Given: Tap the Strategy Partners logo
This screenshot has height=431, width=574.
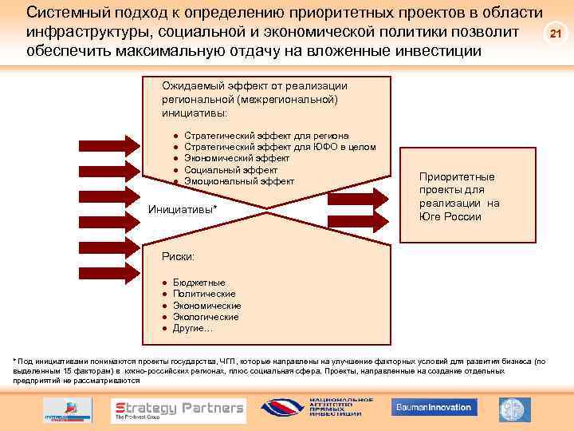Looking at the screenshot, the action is [178, 409].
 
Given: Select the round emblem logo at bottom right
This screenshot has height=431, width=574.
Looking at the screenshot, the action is [514, 409].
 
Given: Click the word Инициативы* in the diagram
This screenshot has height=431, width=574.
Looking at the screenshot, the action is [183, 209].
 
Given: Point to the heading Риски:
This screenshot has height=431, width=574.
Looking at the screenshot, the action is [178, 255].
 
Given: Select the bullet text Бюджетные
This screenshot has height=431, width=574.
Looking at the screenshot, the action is [199, 283].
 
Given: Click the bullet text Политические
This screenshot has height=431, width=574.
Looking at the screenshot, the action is [204, 294].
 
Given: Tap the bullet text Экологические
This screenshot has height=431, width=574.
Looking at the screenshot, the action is [206, 317].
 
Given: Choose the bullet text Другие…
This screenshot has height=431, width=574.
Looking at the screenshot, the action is [193, 328].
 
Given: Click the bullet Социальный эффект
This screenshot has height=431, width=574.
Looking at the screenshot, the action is [230, 170].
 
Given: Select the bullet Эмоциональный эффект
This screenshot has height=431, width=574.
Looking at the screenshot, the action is [239, 181].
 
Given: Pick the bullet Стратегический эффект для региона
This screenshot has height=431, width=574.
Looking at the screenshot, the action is [266, 136].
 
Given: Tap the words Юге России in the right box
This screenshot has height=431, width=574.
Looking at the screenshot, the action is [450, 216].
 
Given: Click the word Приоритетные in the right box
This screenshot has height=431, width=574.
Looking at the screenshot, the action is [457, 176].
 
